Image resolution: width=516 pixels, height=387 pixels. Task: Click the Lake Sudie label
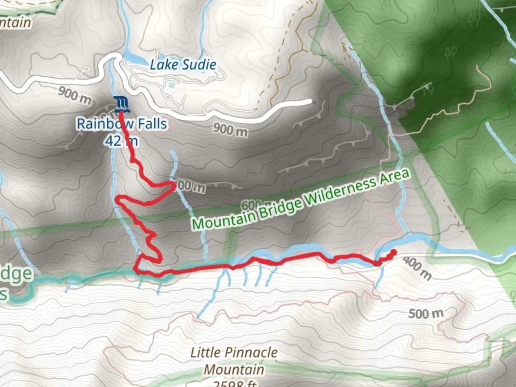tap(183, 65)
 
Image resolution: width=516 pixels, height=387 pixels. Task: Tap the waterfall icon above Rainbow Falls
tap(121, 103)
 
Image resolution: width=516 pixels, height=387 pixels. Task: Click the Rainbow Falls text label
tap(122, 124)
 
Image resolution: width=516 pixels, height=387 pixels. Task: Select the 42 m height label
tap(121, 141)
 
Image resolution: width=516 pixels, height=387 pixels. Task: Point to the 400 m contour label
tap(417, 268)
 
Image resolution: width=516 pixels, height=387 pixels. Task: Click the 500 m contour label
tap(426, 314)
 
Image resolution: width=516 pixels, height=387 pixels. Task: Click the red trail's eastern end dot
tap(393, 252)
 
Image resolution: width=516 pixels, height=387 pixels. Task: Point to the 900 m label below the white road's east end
tap(230, 129)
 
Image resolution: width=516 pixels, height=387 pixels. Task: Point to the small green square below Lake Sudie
tap(172, 85)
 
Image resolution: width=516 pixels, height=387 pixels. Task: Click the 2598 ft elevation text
tap(235, 383)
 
